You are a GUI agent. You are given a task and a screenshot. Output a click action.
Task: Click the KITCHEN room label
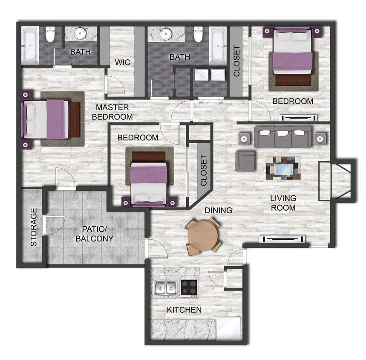(184, 310)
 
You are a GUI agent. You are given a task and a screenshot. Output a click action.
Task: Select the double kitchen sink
(166, 288)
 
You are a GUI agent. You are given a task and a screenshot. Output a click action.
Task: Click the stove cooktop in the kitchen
(189, 287)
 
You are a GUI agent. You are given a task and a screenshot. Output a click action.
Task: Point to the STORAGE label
(34, 227)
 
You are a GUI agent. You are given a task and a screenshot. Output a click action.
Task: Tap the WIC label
(123, 62)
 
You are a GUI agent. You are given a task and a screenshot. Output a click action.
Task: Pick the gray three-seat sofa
(283, 137)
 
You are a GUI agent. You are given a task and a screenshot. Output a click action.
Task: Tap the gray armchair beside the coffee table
(245, 160)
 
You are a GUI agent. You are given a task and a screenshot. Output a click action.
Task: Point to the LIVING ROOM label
(283, 203)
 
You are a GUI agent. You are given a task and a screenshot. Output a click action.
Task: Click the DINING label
(219, 210)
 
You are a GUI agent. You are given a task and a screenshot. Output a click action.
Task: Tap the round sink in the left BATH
(81, 34)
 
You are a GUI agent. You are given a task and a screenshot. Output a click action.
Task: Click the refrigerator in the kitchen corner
(228, 329)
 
